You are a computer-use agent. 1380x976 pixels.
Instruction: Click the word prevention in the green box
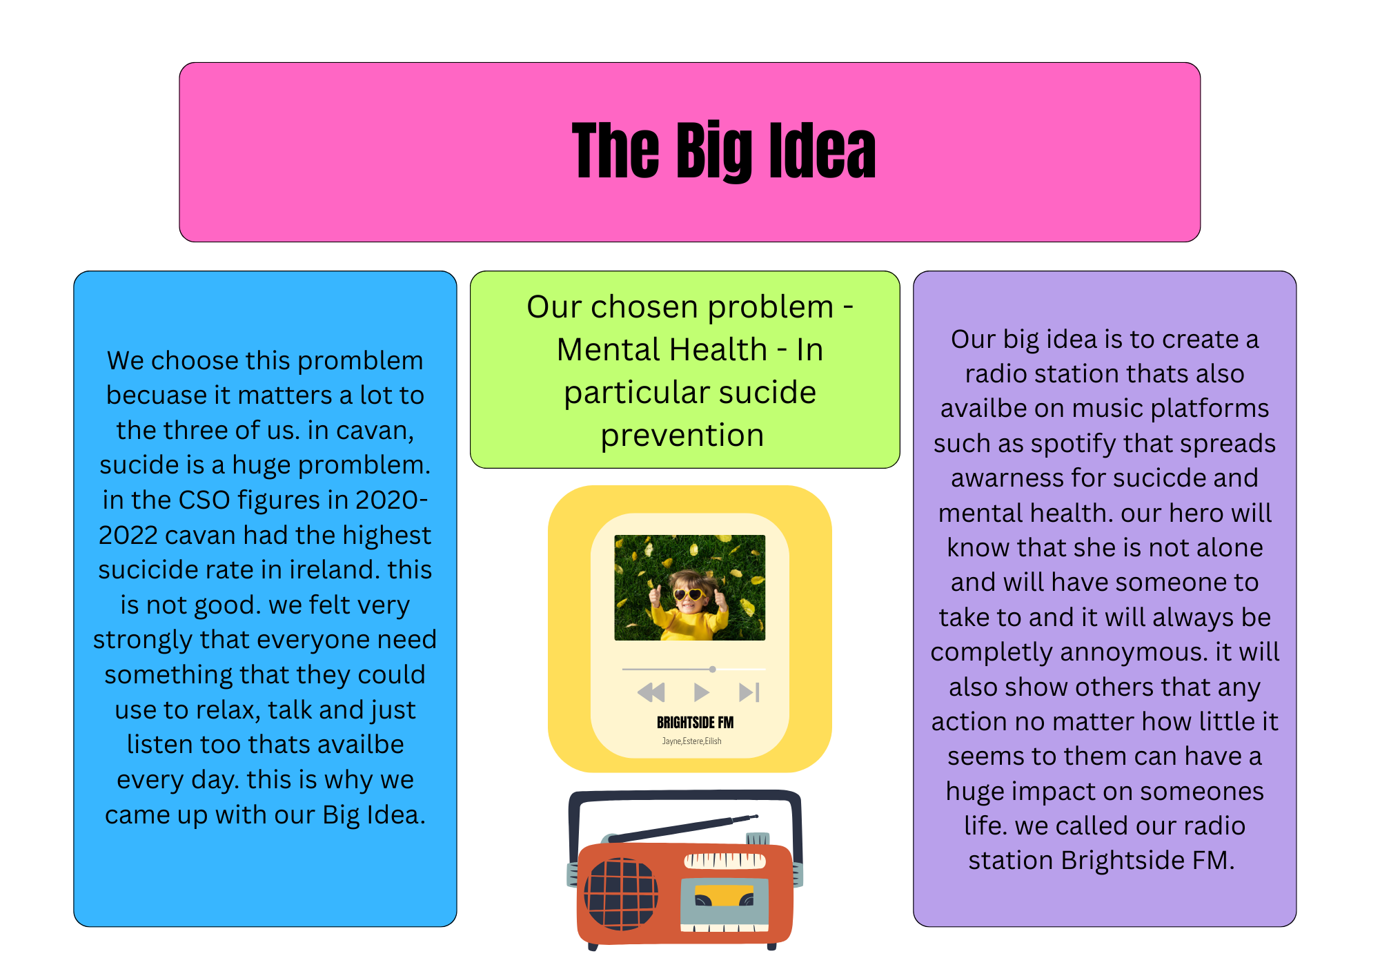682,436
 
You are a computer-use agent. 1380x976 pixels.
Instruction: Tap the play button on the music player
701,692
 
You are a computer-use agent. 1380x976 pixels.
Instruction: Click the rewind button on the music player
651,692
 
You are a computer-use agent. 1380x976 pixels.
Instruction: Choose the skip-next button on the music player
749,692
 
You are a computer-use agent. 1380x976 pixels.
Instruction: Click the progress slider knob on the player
713,669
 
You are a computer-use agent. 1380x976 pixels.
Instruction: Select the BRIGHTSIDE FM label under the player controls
695,723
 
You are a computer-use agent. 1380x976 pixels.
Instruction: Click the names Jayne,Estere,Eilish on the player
691,741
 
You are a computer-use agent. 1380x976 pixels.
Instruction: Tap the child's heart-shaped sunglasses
688,594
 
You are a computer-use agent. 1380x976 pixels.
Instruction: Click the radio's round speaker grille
621,894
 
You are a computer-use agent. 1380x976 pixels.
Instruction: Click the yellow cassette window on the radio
724,895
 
